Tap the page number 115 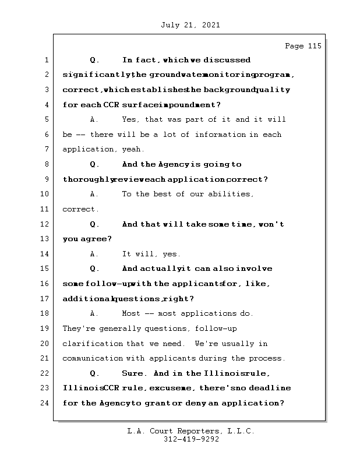click(313, 46)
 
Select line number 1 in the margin click(45, 60)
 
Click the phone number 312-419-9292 click(191, 440)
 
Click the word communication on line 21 click(93, 359)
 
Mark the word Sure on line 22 click(134, 373)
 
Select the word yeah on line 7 click(135, 150)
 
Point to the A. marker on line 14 click(94, 254)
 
